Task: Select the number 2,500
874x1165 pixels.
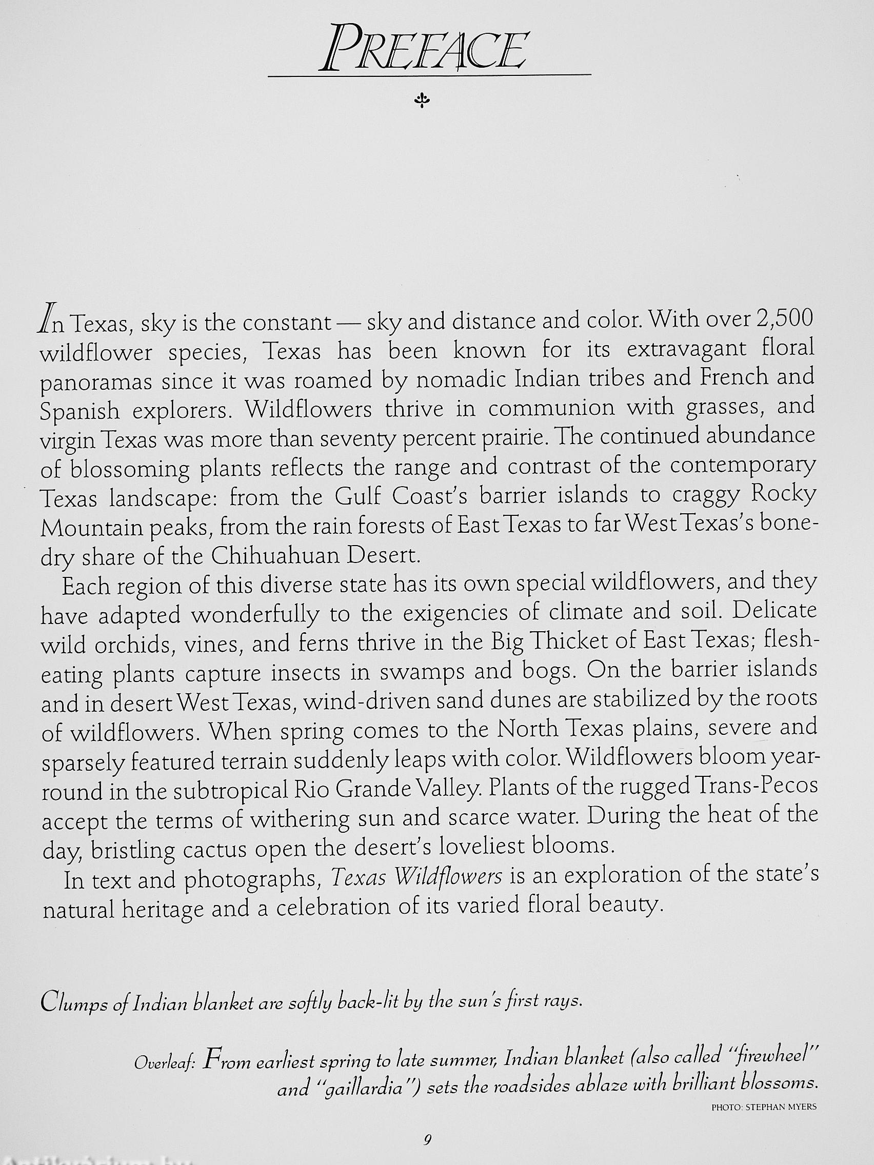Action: tap(784, 318)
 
